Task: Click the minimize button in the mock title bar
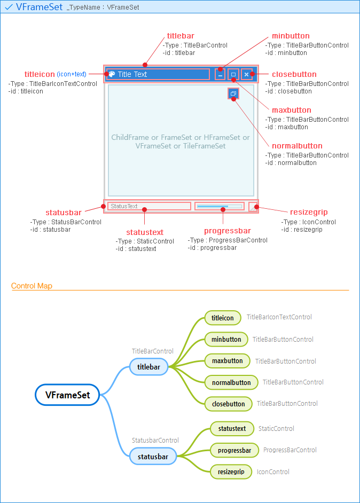pyautogui.click(x=220, y=74)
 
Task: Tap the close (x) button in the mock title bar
pyautogui.click(x=246, y=74)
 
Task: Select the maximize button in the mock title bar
pyautogui.click(x=233, y=74)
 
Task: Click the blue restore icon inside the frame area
pyautogui.click(x=233, y=93)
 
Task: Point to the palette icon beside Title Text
pyautogui.click(x=112, y=74)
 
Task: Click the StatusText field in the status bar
pyautogui.click(x=148, y=206)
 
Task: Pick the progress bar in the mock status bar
pyautogui.click(x=219, y=206)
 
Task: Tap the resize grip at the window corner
pyautogui.click(x=253, y=207)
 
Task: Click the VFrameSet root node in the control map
pyautogui.click(x=67, y=395)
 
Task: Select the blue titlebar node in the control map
pyautogui.click(x=148, y=367)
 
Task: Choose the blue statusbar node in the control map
pyautogui.click(x=153, y=457)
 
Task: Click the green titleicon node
pyautogui.click(x=222, y=318)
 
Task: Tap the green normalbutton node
pyautogui.click(x=231, y=382)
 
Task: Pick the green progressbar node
pyautogui.click(x=234, y=450)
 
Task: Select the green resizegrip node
pyautogui.click(x=231, y=471)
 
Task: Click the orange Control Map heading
pyautogui.click(x=32, y=286)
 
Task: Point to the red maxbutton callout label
pyautogui.click(x=291, y=110)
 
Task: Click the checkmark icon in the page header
pyautogui.click(x=9, y=7)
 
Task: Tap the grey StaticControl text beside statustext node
pyautogui.click(x=276, y=428)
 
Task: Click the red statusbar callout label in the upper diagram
pyautogui.click(x=64, y=213)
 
